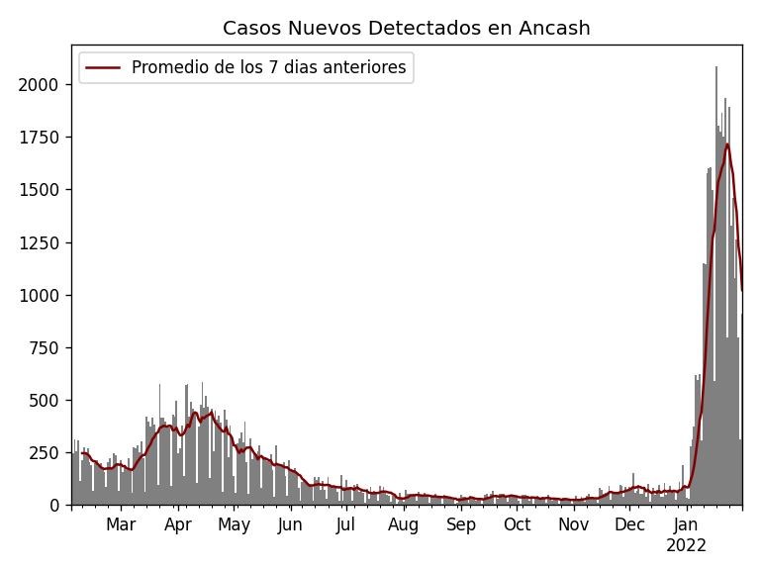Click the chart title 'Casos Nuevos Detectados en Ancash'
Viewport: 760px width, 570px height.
pyautogui.click(x=406, y=29)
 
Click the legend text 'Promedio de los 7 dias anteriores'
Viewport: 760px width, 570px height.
pyautogui.click(x=268, y=68)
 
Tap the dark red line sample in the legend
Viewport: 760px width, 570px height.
pyautogui.click(x=103, y=68)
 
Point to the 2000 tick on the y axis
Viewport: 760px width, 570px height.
pyautogui.click(x=40, y=85)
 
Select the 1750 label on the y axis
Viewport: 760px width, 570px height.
pyautogui.click(x=40, y=138)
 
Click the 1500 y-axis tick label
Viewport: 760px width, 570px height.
pyautogui.click(x=40, y=190)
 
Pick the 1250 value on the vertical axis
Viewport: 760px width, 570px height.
pyautogui.click(x=40, y=242)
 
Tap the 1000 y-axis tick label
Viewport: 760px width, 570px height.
pyautogui.click(x=40, y=295)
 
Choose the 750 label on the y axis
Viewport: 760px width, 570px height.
pyautogui.click(x=46, y=347)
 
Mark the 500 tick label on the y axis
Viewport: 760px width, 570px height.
pyautogui.click(x=46, y=400)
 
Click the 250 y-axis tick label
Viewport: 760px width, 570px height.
pyautogui.click(x=46, y=452)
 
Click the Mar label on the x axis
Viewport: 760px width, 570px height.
pyautogui.click(x=121, y=524)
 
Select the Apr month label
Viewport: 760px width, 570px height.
pyautogui.click(x=178, y=524)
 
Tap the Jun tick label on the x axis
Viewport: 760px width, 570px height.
pyautogui.click(x=290, y=524)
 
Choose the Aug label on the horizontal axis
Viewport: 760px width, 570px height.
pyautogui.click(x=404, y=524)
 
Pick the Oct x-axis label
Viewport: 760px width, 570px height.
pyautogui.click(x=517, y=524)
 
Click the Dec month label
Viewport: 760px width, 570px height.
pyautogui.click(x=629, y=524)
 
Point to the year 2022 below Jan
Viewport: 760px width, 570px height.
pyautogui.click(x=686, y=546)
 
